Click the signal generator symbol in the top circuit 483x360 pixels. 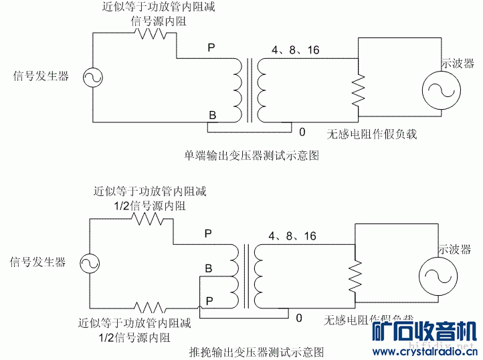coord(91,78)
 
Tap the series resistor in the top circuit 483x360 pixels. coord(153,34)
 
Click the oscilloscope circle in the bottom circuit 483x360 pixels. coord(438,276)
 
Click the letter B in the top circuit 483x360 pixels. coord(212,116)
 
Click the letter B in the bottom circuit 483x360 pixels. coord(209,268)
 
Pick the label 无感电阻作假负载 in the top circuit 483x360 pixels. coord(371,134)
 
